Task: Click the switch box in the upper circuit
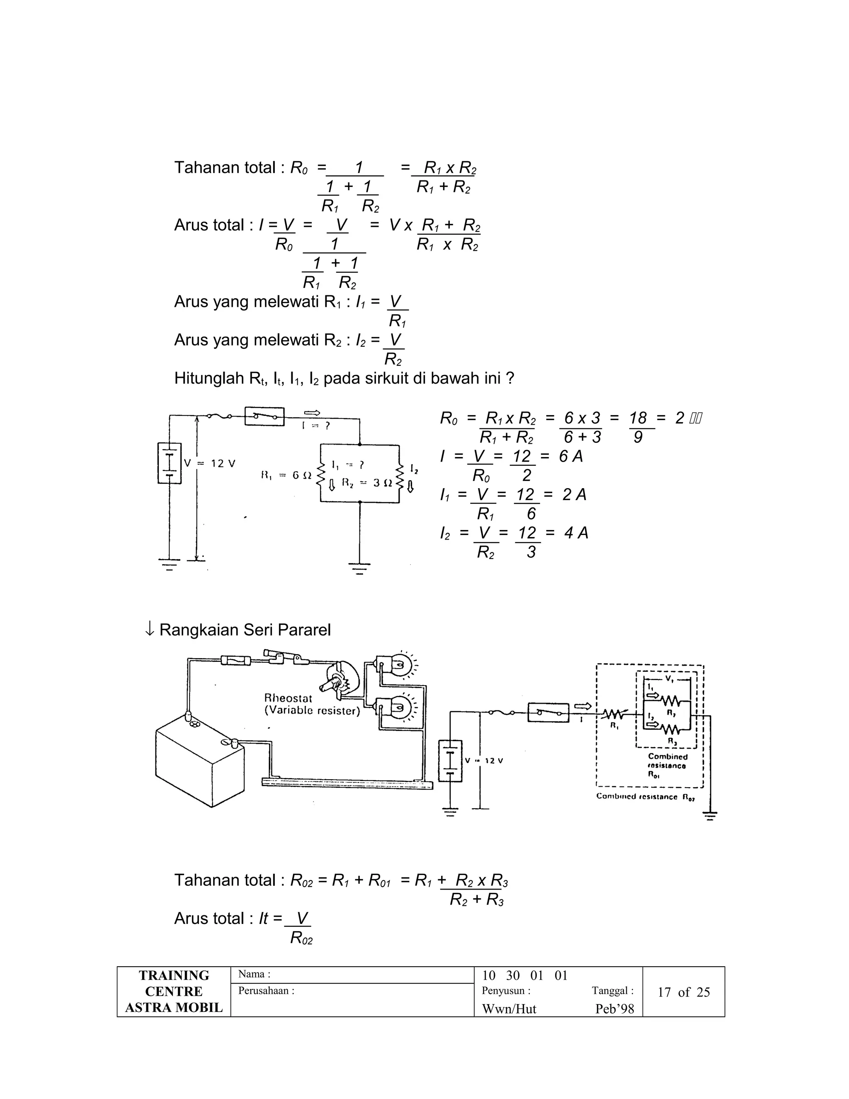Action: tap(264, 416)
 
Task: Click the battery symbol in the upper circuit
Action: tap(170, 463)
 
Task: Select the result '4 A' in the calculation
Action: tap(575, 533)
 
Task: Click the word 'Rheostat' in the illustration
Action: tap(288, 698)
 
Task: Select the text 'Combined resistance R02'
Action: tap(645, 797)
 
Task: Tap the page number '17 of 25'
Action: tap(684, 992)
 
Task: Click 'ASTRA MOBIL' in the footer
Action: tap(174, 1007)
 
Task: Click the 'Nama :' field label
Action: tap(254, 974)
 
